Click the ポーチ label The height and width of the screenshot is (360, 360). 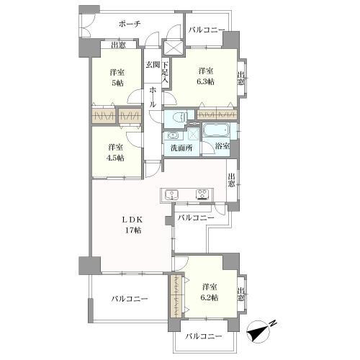[130, 24]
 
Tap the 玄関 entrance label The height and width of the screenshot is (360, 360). [153, 64]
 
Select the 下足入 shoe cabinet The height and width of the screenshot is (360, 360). [166, 73]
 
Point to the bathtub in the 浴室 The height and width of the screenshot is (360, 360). [216, 130]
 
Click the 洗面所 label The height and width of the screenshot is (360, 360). [181, 148]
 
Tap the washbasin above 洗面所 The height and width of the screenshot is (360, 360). [173, 135]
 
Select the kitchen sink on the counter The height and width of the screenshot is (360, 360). [171, 194]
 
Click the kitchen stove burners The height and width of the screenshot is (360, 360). [202, 194]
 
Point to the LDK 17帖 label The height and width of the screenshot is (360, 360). [132, 225]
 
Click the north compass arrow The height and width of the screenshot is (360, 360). [257, 330]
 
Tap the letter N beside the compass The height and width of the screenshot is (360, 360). [273, 323]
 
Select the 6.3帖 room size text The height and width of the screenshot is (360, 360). [206, 81]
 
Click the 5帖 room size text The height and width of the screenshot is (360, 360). [117, 83]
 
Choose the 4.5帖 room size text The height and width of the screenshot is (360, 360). [116, 158]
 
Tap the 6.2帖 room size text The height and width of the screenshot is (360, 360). [210, 297]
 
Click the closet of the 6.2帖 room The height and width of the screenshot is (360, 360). [176, 297]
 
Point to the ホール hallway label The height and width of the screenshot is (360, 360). [153, 96]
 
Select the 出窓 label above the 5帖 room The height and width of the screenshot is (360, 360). [118, 45]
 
